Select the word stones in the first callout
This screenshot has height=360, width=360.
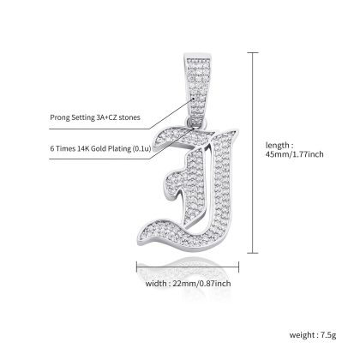130,117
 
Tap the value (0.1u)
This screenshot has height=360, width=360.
141,148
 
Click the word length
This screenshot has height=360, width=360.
277,146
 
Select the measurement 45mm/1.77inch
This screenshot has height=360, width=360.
295,154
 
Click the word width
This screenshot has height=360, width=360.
155,284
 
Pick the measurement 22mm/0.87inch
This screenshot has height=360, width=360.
201,284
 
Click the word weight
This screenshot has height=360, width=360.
302,335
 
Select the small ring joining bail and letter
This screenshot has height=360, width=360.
196,123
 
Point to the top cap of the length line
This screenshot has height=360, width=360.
253,53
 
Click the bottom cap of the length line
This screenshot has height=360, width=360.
253,253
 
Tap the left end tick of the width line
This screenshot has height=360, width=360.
137,267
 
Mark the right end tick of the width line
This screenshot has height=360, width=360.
238,267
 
